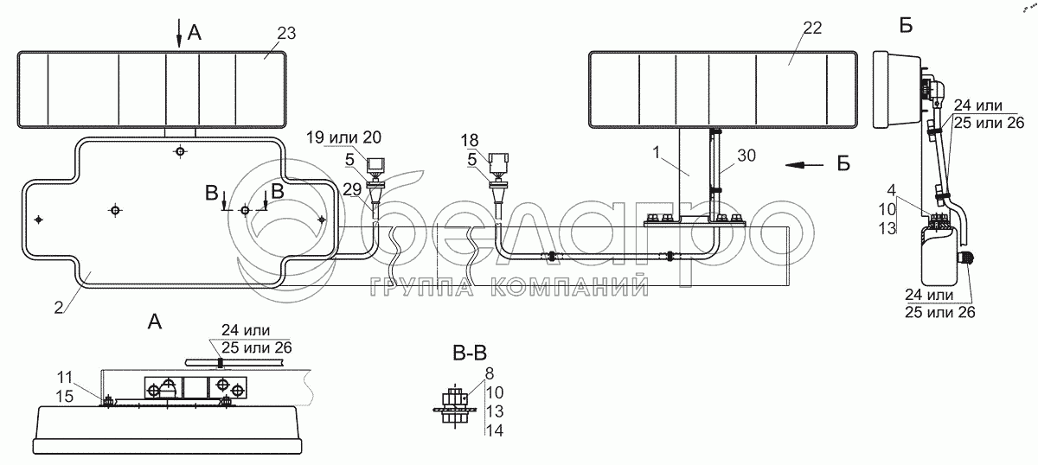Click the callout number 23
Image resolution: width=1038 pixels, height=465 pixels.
click(286, 34)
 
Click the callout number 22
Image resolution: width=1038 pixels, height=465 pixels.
click(812, 29)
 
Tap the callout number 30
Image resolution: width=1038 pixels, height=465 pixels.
click(746, 156)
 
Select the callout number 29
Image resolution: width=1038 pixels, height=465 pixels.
click(352, 189)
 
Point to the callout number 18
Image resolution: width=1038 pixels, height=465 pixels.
click(470, 140)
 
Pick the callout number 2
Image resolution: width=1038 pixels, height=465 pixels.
click(59, 308)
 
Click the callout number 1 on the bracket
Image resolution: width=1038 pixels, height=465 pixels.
click(657, 152)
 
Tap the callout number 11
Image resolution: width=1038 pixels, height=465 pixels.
click(66, 378)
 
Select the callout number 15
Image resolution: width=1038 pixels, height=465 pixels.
click(65, 396)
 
